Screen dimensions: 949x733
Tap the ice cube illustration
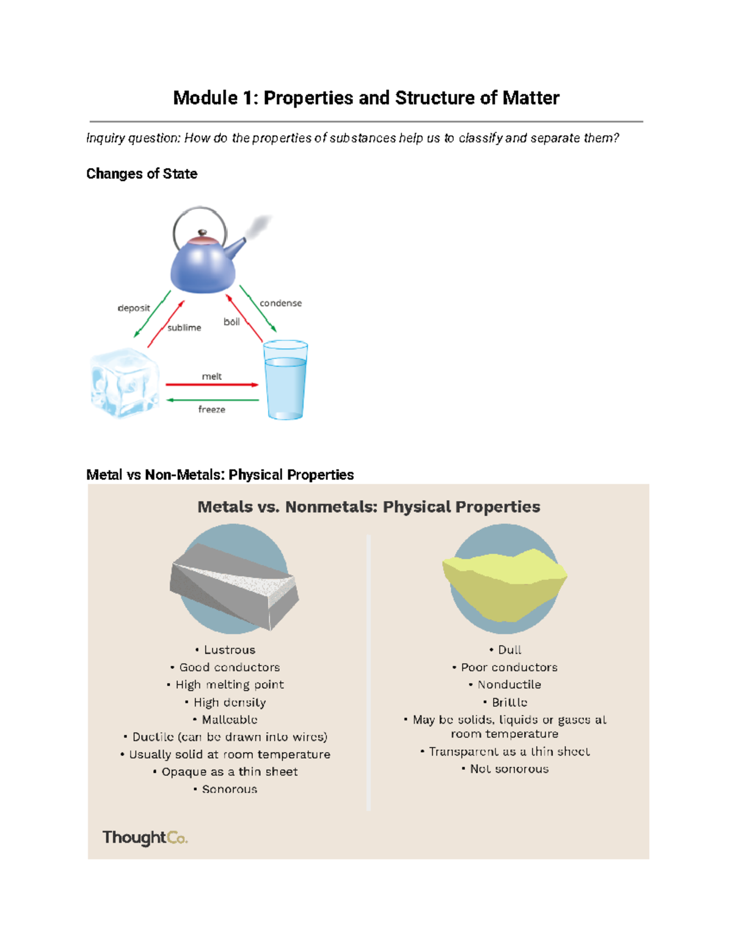(125, 383)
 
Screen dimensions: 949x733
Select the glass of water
(285, 381)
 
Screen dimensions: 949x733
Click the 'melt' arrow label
(212, 376)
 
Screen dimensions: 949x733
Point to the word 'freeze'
(212, 409)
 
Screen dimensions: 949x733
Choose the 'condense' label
(280, 303)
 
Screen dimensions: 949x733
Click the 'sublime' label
(184, 328)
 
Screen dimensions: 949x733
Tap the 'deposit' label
(134, 308)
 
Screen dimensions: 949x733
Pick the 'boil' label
(232, 321)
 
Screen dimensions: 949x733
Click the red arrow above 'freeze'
(212, 385)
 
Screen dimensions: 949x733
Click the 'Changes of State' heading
(142, 174)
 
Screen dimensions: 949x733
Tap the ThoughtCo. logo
(145, 837)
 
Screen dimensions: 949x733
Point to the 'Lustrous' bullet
(225, 650)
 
